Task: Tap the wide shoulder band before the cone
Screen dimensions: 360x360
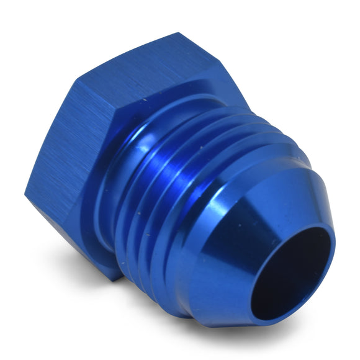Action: (x=236, y=205)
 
